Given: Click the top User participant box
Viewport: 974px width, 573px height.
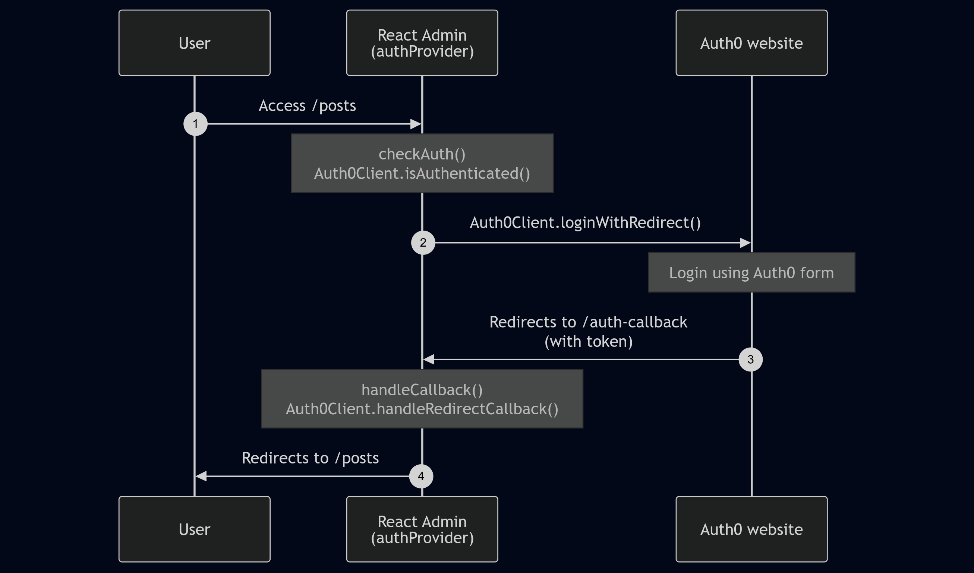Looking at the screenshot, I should [195, 43].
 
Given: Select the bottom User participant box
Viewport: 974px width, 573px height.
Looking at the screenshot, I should [195, 529].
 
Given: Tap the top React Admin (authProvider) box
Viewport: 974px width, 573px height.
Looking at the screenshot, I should [422, 43].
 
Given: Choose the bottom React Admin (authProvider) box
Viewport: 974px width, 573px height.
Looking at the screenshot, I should [422, 529].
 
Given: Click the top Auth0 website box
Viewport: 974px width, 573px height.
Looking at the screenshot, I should [751, 43].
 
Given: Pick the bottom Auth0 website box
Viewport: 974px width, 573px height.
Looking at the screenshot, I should [751, 529].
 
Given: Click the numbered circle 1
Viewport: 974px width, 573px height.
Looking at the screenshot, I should [196, 124].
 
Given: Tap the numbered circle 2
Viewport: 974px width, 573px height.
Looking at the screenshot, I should [423, 243].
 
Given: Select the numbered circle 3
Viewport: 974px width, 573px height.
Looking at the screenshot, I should [751, 359].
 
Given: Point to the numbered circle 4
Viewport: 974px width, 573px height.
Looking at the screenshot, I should [421, 476].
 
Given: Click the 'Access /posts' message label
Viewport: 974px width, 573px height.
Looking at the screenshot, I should [307, 106].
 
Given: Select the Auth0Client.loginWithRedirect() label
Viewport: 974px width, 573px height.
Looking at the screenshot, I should [585, 223].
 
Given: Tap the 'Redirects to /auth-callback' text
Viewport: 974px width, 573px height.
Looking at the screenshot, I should [588, 322].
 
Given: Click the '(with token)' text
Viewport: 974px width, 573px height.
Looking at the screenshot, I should [588, 342].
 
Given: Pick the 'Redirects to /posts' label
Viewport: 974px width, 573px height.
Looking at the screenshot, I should [310, 458].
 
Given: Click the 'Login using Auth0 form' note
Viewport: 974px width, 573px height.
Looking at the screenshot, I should [751, 273].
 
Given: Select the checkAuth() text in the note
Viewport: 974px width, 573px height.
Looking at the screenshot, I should [422, 154].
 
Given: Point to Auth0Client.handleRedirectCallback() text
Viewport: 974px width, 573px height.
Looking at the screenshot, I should [422, 409].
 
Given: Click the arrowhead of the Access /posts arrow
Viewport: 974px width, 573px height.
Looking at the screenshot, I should [416, 124].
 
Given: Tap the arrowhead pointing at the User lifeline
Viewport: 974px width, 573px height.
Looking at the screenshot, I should [201, 476].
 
